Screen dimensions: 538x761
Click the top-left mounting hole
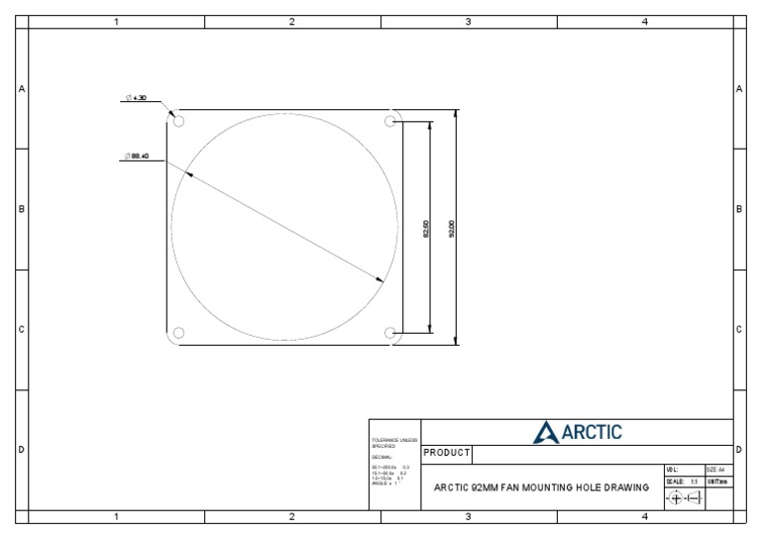[x=179, y=121]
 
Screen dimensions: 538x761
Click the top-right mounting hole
[x=390, y=121]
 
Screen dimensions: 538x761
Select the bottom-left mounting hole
[x=179, y=332]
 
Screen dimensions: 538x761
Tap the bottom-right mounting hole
[x=390, y=332]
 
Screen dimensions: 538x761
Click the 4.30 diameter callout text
[x=137, y=98]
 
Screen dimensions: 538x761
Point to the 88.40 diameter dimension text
[x=136, y=157]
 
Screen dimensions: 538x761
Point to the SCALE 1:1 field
[x=683, y=482]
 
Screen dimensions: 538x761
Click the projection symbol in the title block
[x=684, y=498]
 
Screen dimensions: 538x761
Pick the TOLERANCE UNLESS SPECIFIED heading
[x=394, y=443]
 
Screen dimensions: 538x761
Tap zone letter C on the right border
[x=739, y=330]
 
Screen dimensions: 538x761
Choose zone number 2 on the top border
[x=292, y=22]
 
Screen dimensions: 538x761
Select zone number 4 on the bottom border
[x=644, y=516]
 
